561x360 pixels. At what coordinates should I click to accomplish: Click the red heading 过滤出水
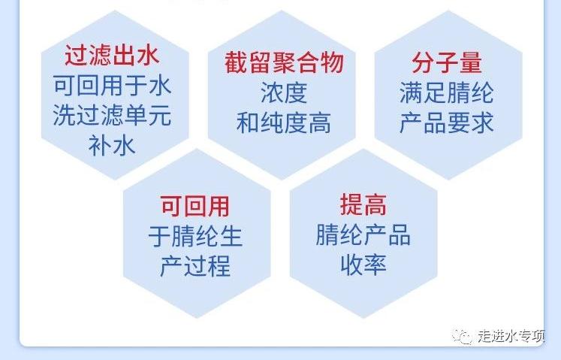(x=112, y=56)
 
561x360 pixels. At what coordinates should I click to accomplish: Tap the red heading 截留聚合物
(x=284, y=62)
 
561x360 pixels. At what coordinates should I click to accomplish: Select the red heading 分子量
(x=447, y=62)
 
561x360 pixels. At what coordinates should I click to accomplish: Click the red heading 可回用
(x=195, y=207)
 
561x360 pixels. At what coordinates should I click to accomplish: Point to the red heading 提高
(x=363, y=205)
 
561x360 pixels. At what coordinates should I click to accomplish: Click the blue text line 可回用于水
(x=113, y=86)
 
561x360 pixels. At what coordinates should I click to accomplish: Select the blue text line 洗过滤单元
(x=113, y=115)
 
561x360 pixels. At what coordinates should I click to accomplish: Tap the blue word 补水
(x=112, y=146)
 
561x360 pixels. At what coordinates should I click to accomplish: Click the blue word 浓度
(x=284, y=92)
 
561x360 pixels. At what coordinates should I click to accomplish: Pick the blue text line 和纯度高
(x=284, y=123)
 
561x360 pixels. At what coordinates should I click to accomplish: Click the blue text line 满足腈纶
(x=447, y=92)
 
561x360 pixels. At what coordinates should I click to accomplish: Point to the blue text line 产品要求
(x=447, y=123)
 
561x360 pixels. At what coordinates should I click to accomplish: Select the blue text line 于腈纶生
(x=195, y=236)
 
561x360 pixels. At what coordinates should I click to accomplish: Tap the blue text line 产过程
(x=195, y=266)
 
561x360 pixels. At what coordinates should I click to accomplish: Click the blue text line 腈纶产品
(x=363, y=235)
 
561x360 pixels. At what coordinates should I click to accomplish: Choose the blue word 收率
(x=363, y=265)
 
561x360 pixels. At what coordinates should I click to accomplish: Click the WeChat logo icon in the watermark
(x=462, y=337)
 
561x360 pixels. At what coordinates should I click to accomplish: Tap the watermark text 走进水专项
(x=511, y=336)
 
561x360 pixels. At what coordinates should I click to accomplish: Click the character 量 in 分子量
(x=470, y=62)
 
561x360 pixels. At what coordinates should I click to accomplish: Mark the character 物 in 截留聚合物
(x=333, y=62)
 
